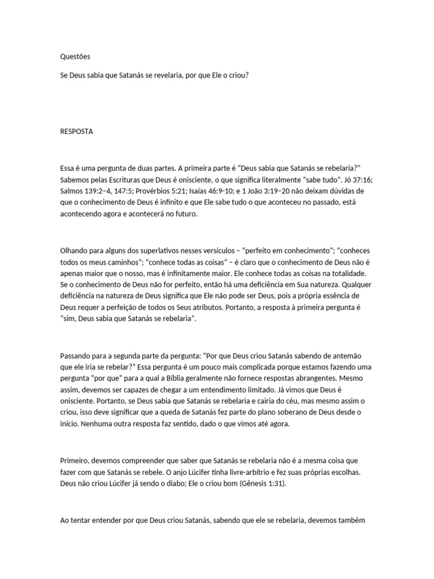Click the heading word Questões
point(75,57)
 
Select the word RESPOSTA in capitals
point(77,132)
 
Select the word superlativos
point(154,250)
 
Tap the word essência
point(334,296)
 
